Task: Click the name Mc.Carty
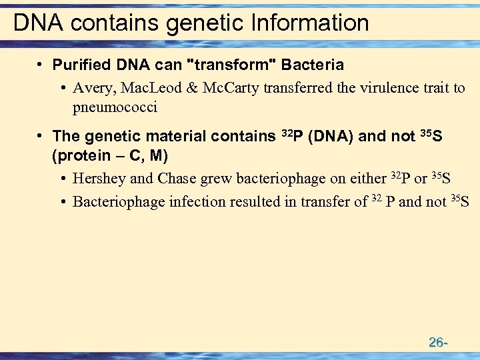[229, 88]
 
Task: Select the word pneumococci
[115, 107]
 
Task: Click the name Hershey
[99, 179]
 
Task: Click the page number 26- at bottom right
[437, 343]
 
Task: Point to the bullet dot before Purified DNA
[40, 65]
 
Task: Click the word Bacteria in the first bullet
[313, 65]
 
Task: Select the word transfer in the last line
[324, 201]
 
